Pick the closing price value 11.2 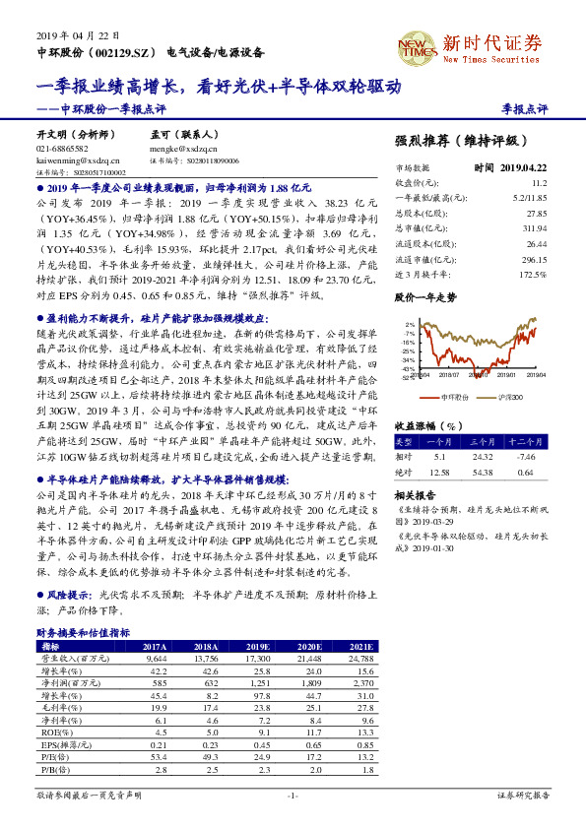point(538,183)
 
